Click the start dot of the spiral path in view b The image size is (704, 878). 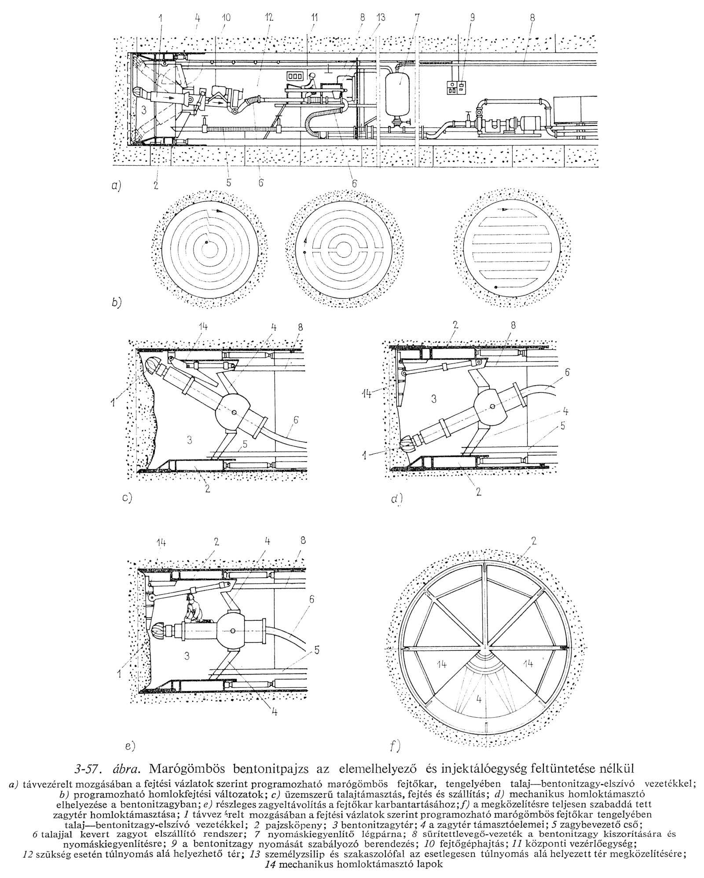206,242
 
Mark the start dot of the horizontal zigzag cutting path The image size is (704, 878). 496,287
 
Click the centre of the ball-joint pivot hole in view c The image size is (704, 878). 235,412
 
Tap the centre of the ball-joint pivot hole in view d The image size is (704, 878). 491,407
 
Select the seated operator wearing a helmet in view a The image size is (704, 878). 310,85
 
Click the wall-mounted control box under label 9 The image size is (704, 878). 455,88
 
